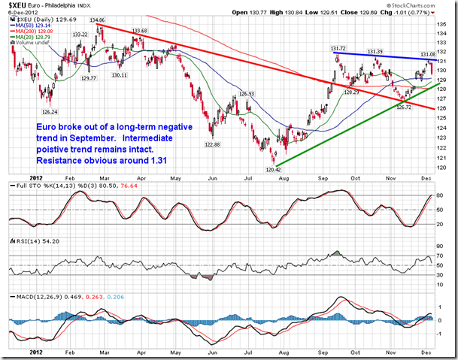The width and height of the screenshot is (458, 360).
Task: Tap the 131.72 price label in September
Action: (342, 48)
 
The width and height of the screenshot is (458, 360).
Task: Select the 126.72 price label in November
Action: (405, 107)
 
